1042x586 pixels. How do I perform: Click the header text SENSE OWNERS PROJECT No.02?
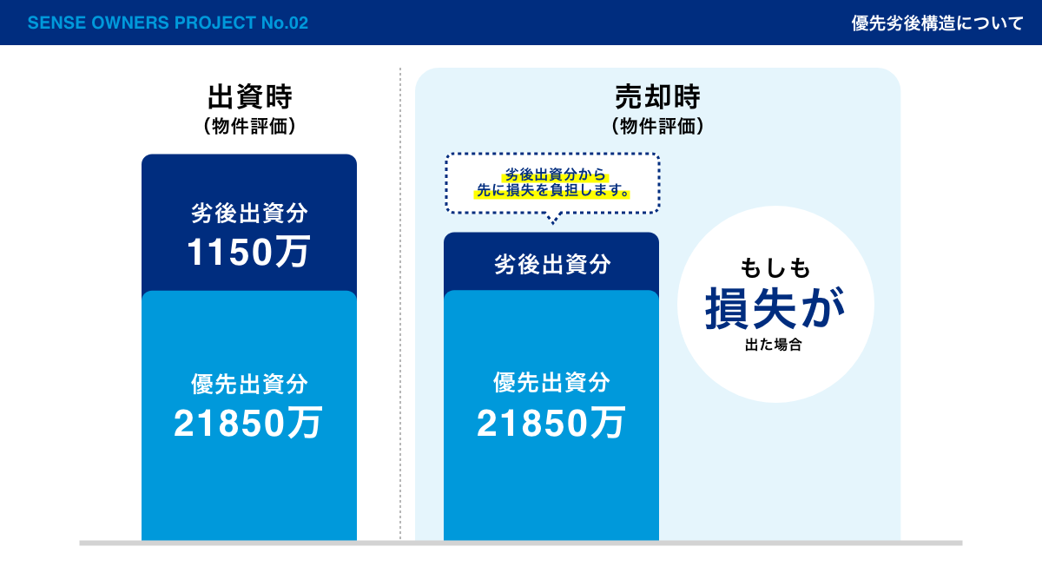(168, 23)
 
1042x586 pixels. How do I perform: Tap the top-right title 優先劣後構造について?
(937, 23)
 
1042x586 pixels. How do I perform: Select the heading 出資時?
(250, 96)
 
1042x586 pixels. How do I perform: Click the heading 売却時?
(657, 96)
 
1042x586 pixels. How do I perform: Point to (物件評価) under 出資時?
(250, 126)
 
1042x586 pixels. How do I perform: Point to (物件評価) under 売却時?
(657, 126)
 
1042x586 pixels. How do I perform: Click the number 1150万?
(248, 252)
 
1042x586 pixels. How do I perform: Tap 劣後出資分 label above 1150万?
(249, 213)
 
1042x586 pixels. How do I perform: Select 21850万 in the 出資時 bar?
(248, 423)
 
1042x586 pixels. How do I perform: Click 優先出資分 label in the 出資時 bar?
(249, 384)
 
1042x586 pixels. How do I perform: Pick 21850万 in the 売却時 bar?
(551, 423)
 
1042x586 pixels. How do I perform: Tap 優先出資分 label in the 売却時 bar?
(551, 382)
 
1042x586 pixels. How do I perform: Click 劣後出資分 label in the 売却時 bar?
(552, 264)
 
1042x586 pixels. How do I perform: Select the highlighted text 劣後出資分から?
(555, 174)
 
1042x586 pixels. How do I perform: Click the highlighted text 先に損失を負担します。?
(552, 190)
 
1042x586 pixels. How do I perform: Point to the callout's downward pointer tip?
(552, 224)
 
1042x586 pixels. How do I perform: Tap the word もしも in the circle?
(775, 268)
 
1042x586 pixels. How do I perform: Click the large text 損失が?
(775, 308)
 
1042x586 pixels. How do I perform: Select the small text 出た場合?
(773, 345)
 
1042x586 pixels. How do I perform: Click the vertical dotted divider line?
(400, 304)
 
